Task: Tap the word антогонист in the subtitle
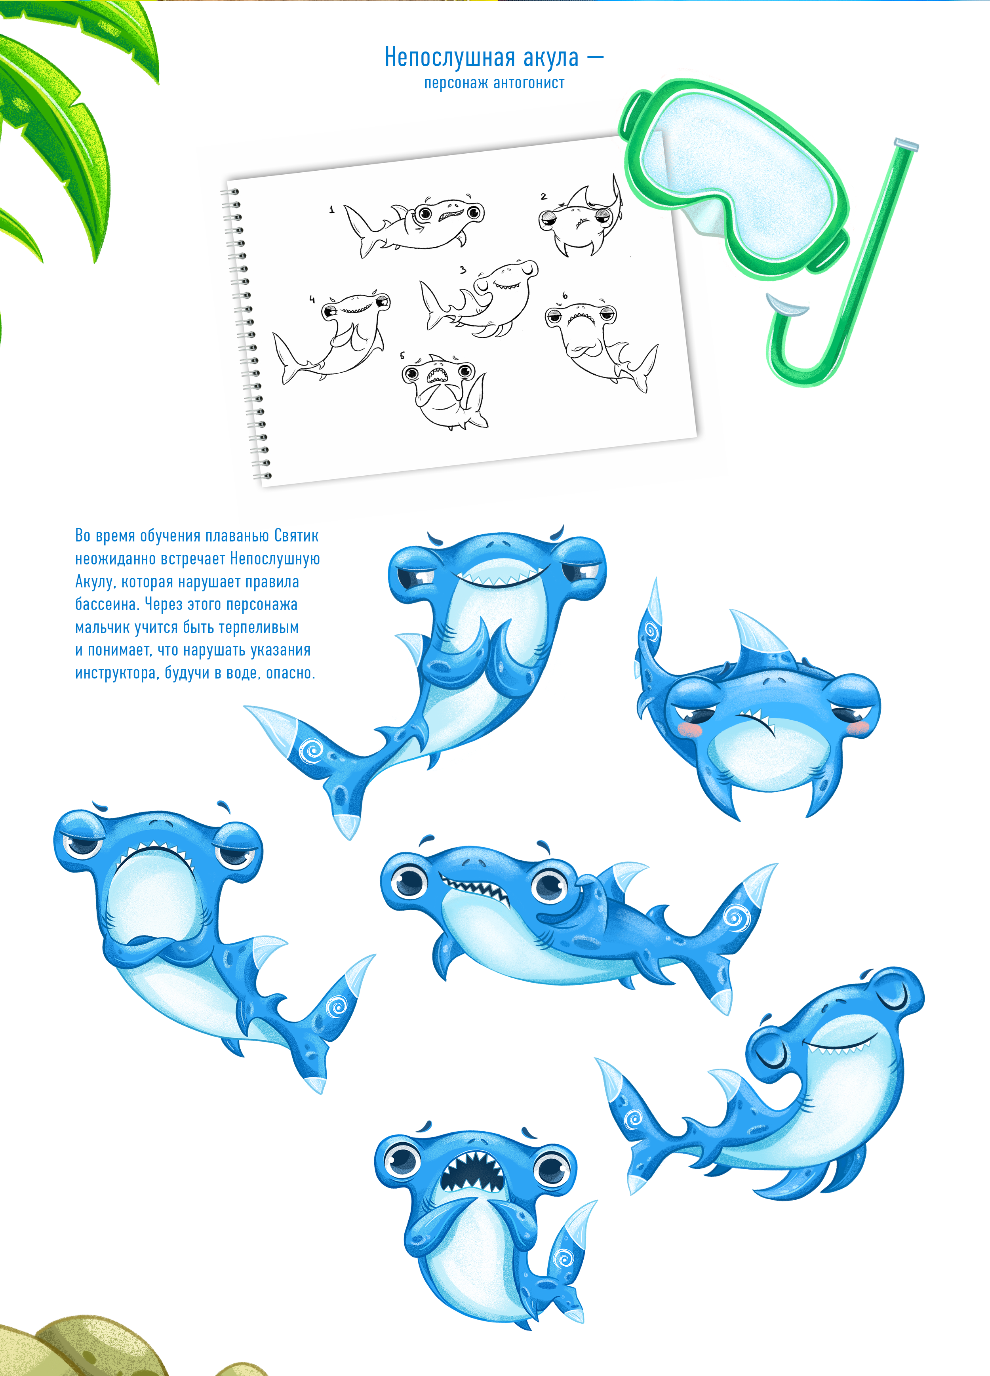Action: pos(529,83)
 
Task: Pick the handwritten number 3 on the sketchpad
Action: pos(463,270)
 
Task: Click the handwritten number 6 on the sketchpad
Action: pos(565,295)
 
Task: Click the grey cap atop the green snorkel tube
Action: pos(907,145)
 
